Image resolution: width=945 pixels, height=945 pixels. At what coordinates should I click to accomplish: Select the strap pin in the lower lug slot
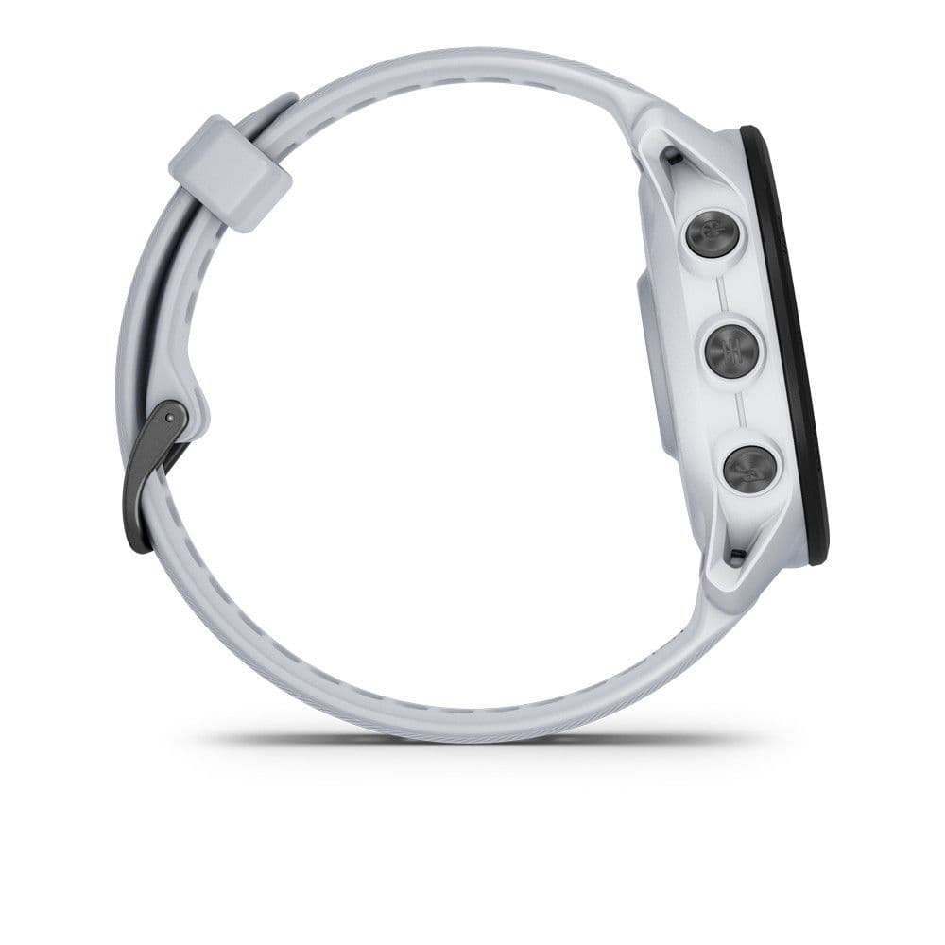pos(737,554)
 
